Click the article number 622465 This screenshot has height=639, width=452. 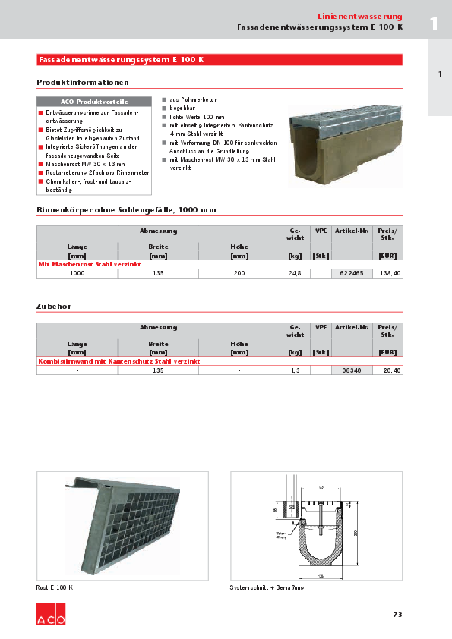[351, 273]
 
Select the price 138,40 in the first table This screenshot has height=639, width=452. [390, 273]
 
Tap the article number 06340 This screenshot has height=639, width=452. [351, 370]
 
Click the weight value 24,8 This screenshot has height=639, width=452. [296, 273]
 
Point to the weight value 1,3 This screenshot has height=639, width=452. [296, 370]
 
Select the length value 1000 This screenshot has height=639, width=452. [77, 273]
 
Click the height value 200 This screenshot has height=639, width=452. [239, 273]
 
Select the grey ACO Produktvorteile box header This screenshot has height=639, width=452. [94, 102]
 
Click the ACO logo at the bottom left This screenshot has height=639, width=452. [51, 614]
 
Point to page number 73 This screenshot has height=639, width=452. [397, 615]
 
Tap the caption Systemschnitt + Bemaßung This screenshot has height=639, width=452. [267, 588]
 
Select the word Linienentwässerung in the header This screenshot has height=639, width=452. [360, 17]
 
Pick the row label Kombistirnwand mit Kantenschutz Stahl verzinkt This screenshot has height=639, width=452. [119, 362]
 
